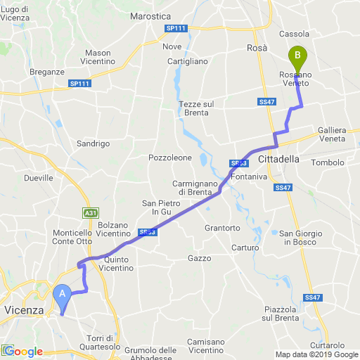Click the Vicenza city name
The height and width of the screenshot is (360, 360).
click(24, 310)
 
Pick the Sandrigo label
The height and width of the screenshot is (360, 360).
click(94, 143)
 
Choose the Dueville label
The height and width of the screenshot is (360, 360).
click(38, 178)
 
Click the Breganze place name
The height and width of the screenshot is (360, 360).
click(48, 72)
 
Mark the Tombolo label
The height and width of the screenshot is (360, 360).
click(328, 162)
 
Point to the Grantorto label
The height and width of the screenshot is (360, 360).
click(222, 229)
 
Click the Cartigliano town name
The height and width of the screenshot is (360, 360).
click(188, 61)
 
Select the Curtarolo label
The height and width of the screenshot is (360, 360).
click(328, 345)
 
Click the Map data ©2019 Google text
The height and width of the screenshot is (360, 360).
click(316, 354)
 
